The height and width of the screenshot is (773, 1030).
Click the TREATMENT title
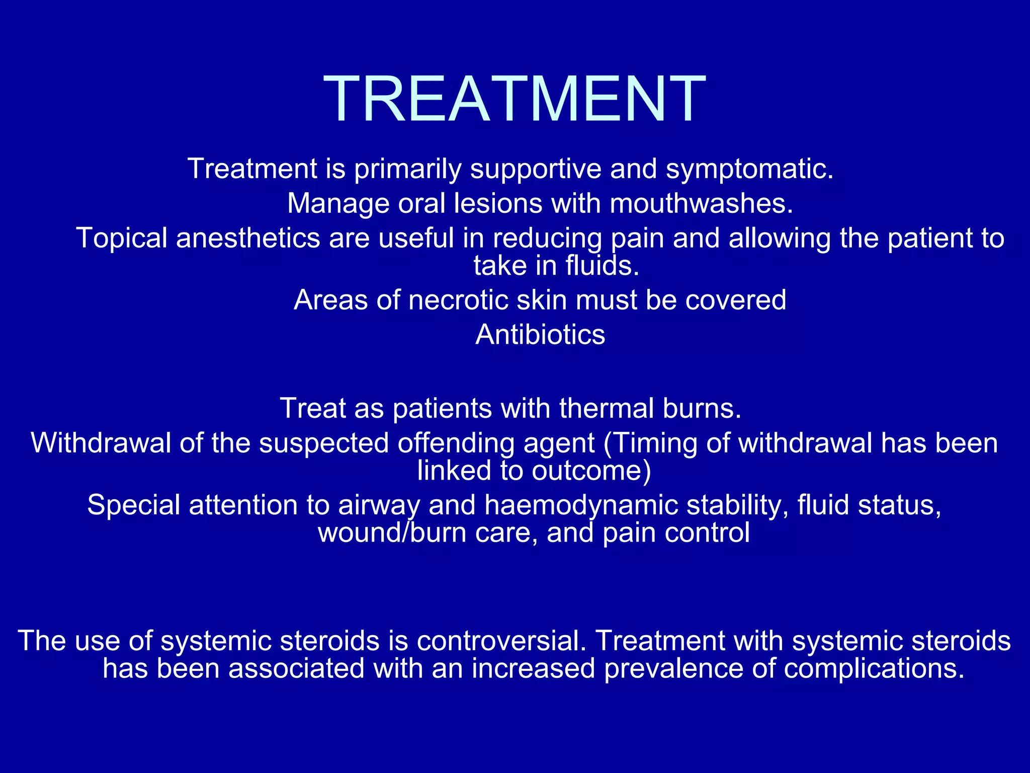514,98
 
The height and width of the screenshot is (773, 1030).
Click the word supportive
536,169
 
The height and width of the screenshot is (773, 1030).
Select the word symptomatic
749,169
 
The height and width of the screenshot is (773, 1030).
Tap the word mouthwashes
702,204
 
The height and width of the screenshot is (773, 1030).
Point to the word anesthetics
248,238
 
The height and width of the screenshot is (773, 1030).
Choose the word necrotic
459,300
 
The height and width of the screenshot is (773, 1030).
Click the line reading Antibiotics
540,335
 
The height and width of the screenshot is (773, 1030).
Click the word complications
874,669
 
